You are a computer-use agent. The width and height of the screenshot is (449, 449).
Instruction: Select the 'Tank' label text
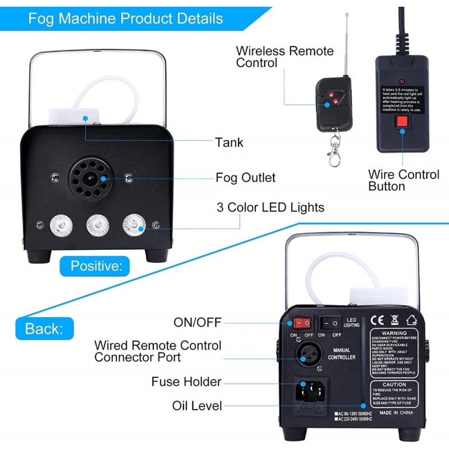229,142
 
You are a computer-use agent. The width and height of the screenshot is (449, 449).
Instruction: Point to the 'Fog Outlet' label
245,178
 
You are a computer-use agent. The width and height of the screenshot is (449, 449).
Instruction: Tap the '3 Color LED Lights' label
271,208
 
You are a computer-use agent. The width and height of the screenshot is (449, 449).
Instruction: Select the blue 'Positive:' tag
96,264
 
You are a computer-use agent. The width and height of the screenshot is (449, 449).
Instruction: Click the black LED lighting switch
331,323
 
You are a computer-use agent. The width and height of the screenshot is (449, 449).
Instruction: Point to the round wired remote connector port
306,353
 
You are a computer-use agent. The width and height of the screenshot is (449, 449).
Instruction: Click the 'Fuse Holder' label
186,382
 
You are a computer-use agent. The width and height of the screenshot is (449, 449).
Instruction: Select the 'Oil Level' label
198,406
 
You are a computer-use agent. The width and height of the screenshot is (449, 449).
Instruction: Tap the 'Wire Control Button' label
404,181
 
